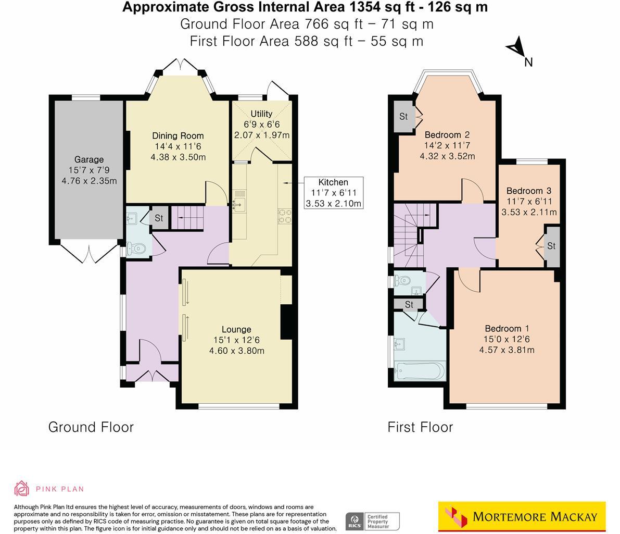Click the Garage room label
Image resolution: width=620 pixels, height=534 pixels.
tap(88, 159)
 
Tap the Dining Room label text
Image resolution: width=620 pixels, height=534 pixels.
tap(178, 136)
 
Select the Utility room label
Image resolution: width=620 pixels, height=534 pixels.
tap(261, 114)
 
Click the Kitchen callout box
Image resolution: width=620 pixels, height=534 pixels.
tap(333, 192)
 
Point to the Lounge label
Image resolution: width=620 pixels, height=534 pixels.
tap(236, 329)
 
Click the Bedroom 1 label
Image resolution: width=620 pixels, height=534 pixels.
tap(507, 328)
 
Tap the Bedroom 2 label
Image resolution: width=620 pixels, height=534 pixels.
tap(447, 135)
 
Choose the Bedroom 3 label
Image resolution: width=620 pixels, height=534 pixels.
tap(528, 191)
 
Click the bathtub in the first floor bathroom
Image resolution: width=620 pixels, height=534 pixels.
tap(420, 371)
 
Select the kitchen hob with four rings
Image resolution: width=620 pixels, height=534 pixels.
tap(285, 215)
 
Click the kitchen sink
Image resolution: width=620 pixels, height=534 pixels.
tap(240, 202)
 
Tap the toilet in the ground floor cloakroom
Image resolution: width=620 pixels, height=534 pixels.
tap(137, 249)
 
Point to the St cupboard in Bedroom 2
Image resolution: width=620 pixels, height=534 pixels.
tap(403, 116)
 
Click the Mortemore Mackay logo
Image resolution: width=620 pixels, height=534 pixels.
tap(522, 516)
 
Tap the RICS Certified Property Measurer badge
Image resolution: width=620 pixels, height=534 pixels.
tap(373, 521)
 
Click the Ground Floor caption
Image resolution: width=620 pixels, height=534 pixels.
tap(91, 427)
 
